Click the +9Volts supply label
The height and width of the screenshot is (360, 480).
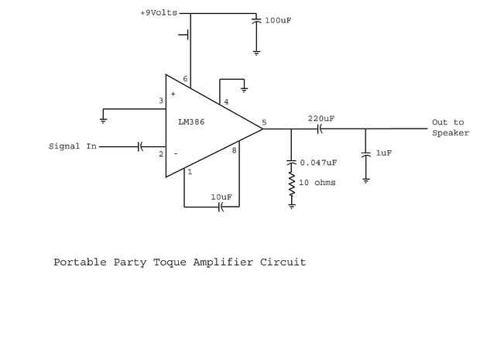(159, 13)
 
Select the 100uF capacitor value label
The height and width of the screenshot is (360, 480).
(278, 20)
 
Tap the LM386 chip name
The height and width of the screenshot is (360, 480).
(191, 122)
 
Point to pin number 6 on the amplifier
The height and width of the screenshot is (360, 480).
(185, 79)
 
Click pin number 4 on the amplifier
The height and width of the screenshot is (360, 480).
(226, 101)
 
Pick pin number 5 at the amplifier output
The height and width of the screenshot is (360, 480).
(264, 122)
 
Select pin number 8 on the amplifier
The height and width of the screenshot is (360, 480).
(234, 150)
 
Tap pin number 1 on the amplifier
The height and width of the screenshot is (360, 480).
(190, 172)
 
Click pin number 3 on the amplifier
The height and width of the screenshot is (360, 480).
(161, 101)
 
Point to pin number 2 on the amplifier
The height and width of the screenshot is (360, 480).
(161, 153)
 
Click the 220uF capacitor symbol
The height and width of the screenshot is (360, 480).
(319, 129)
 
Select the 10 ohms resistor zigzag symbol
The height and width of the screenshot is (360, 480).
(292, 184)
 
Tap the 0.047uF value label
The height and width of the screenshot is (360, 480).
(318, 163)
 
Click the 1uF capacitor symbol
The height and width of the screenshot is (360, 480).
(365, 154)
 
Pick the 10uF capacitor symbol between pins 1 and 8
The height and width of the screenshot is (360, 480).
(221, 207)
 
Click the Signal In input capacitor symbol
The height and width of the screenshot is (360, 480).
(140, 146)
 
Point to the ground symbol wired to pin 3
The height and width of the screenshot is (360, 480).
(103, 120)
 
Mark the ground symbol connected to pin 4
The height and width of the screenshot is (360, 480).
(244, 90)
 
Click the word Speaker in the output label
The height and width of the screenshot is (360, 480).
(451, 133)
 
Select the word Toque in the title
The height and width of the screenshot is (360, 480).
(170, 262)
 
